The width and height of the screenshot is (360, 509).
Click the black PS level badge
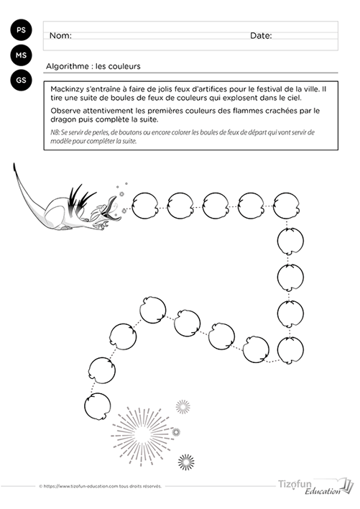tap(21, 30)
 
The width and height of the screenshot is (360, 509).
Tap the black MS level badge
tap(21, 55)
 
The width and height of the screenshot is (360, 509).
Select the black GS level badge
tap(21, 80)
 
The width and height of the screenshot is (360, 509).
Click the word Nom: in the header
tap(60, 36)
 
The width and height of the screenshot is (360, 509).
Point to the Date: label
tap(261, 36)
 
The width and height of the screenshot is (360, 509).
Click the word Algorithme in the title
tap(67, 67)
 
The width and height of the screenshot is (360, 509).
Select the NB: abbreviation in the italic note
tap(55, 132)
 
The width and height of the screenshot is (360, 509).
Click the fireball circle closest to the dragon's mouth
tap(145, 206)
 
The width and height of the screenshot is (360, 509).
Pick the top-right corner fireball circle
tap(286, 206)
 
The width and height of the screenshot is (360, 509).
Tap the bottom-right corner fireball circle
tap(290, 350)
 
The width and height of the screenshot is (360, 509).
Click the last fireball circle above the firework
tap(97, 406)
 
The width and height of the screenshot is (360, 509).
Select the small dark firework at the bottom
tap(186, 462)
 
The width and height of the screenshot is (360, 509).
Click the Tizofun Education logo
tap(315, 486)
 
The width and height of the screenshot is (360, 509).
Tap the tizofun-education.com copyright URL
tap(100, 486)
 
